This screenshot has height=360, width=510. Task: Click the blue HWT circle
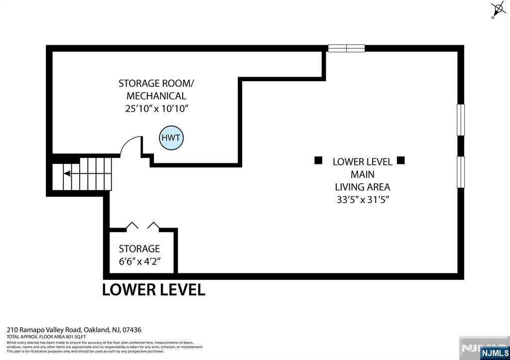171,137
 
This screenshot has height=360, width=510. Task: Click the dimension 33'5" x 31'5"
362,200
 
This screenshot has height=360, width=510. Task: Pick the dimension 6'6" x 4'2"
139,261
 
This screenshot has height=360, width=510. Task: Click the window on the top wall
346,48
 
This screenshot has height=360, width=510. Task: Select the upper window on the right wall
461,120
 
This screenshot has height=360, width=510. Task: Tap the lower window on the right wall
461,172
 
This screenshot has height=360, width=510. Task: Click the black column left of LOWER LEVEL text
318,160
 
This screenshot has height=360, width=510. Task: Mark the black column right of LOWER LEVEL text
401,160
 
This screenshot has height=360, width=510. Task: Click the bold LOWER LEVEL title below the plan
153,290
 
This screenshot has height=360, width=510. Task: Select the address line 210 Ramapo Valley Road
74,330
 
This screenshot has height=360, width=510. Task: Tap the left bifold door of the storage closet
132,226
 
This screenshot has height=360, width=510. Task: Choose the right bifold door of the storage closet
153,226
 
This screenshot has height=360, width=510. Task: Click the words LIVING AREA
362,187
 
